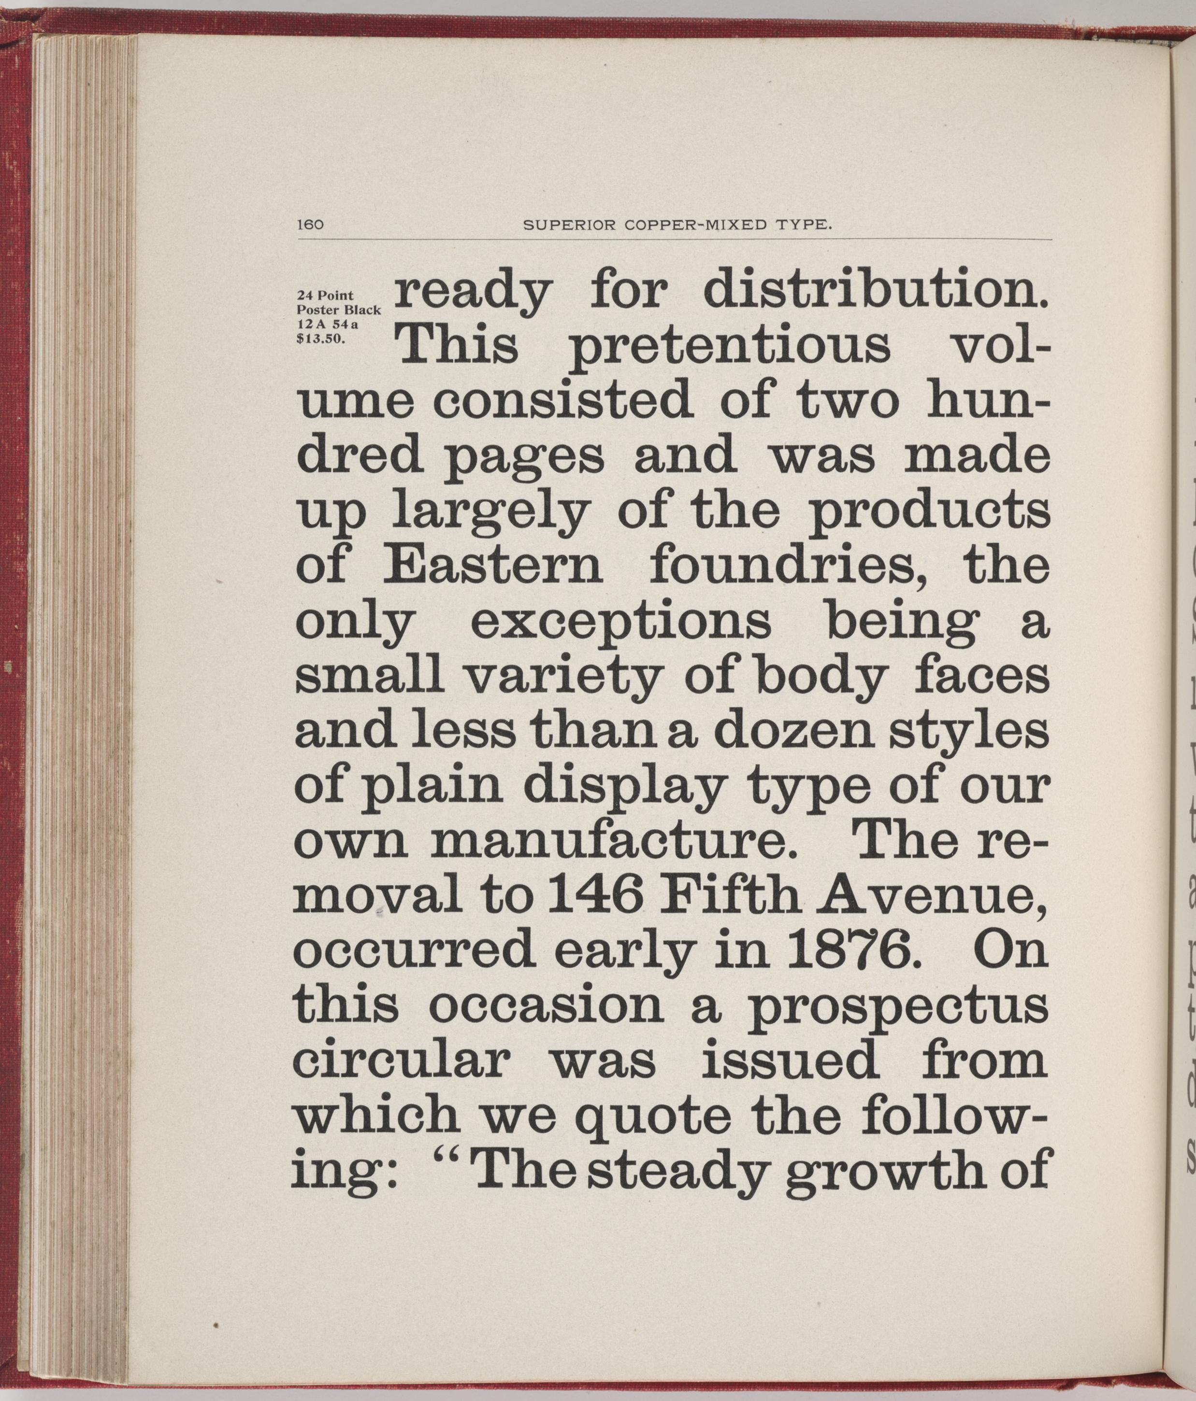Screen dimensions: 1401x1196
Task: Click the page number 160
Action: pyautogui.click(x=311, y=226)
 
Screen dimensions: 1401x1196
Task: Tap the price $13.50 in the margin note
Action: pyautogui.click(x=321, y=340)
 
